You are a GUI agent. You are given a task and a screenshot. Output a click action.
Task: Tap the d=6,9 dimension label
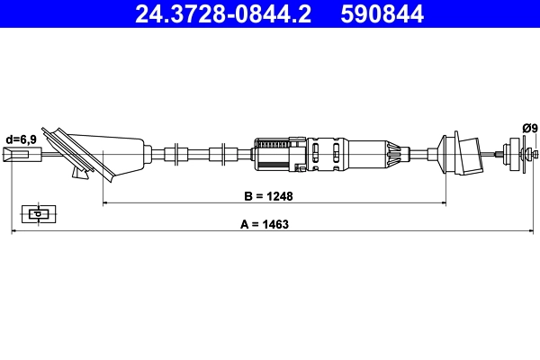(22, 139)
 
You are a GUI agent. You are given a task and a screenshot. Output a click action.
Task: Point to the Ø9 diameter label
(528, 129)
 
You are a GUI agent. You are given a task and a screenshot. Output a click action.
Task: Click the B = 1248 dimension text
(269, 194)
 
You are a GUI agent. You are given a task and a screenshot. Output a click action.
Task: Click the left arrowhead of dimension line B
(106, 203)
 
